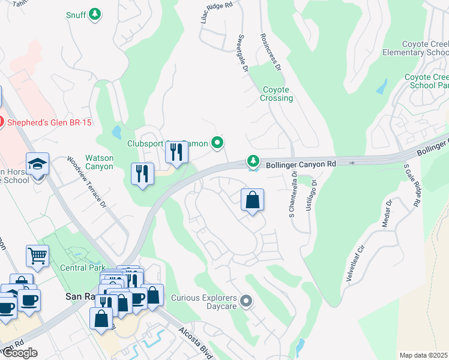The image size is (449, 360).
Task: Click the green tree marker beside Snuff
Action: tap(95, 14)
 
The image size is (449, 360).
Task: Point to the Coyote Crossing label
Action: tap(277, 94)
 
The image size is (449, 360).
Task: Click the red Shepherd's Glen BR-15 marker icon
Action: tap(1, 122)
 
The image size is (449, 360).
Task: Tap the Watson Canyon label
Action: tap(100, 162)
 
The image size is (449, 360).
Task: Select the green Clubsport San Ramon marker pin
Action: tap(218, 143)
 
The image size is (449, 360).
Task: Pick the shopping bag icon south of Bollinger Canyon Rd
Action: tap(253, 200)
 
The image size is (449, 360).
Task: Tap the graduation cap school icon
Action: tap(37, 164)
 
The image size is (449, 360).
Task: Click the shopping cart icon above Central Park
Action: tap(37, 256)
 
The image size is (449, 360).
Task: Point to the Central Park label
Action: tap(83, 268)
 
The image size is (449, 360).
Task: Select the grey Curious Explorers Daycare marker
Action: tap(245, 300)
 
